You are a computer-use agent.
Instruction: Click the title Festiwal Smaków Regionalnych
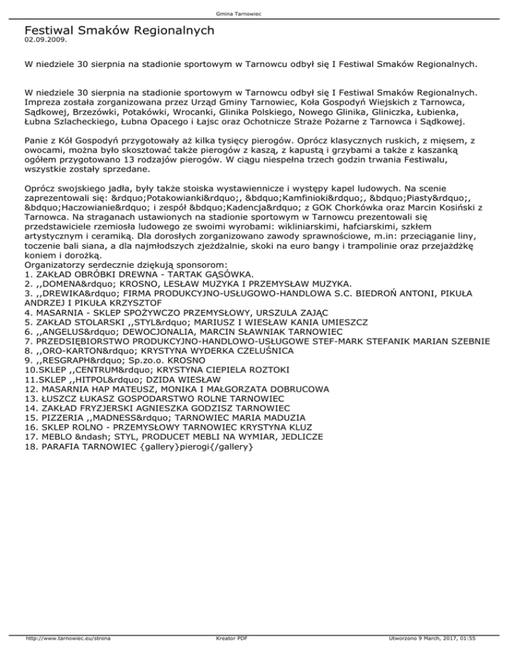pyautogui.click(x=119, y=30)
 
